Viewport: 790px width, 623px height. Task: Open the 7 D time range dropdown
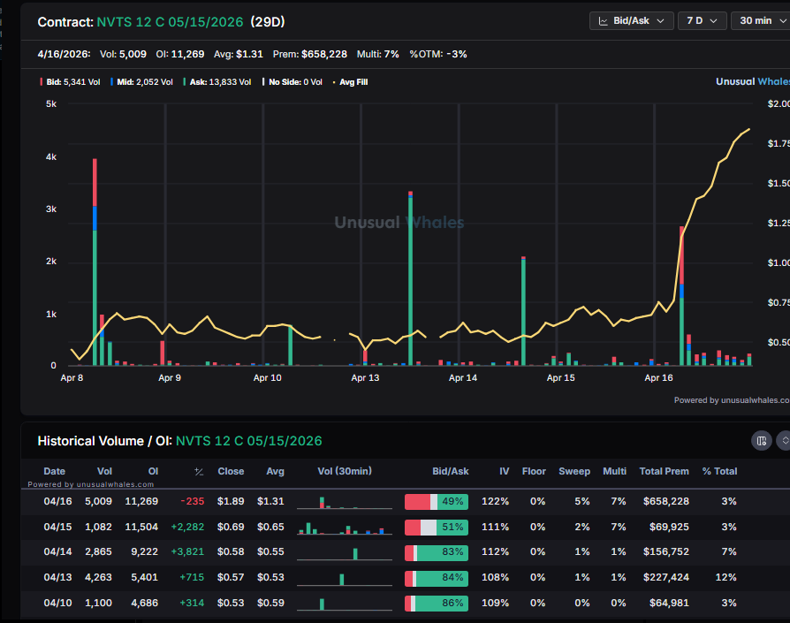pyautogui.click(x=703, y=20)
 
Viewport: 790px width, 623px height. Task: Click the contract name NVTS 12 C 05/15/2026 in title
pyautogui.click(x=170, y=21)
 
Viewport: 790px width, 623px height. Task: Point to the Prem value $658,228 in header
pyautogui.click(x=324, y=54)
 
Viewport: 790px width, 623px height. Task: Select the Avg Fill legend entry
pyautogui.click(x=351, y=81)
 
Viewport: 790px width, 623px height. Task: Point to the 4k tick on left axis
pyautogui.click(x=50, y=157)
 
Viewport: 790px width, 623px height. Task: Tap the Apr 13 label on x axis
pyautogui.click(x=365, y=378)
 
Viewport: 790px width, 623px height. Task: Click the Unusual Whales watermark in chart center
pyautogui.click(x=399, y=223)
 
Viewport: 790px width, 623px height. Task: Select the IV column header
pyautogui.click(x=504, y=471)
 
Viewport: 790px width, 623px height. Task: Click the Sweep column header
pyautogui.click(x=574, y=471)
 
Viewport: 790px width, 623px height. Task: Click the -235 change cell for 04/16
pyautogui.click(x=192, y=502)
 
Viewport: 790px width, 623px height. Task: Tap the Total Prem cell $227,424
pyautogui.click(x=665, y=578)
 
